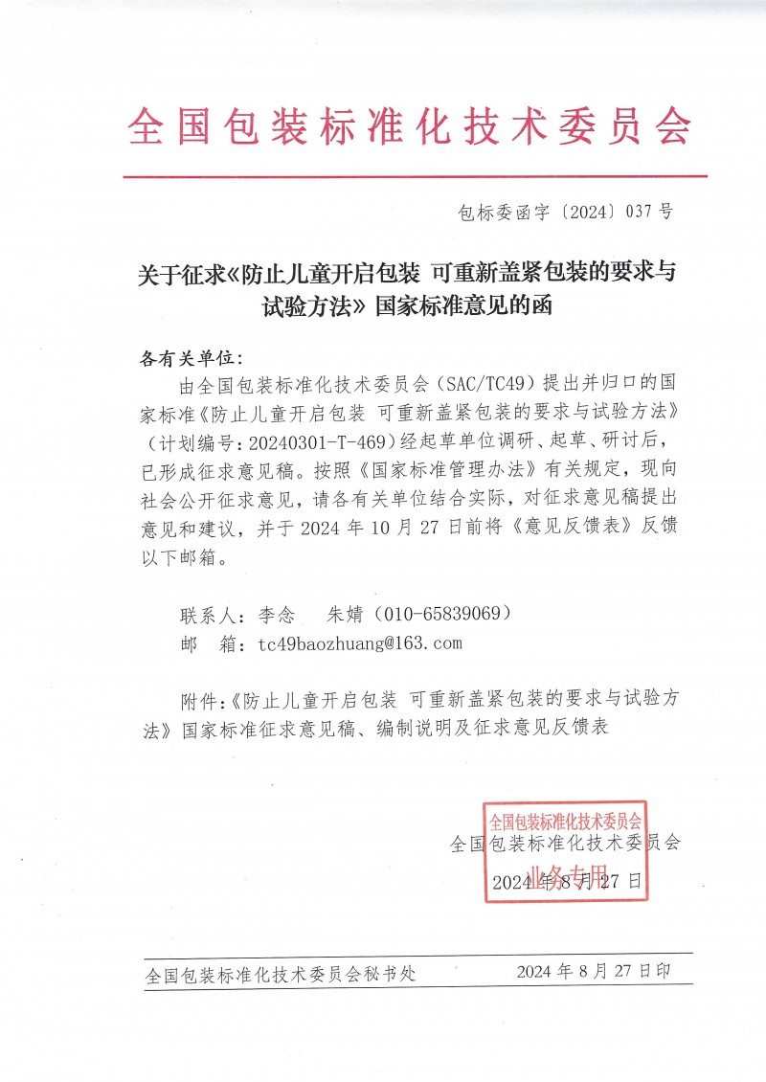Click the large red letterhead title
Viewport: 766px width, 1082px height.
[409, 126]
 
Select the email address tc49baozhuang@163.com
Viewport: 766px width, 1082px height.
[360, 643]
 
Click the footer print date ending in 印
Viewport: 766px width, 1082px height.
[594, 971]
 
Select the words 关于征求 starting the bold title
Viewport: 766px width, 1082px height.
[173, 272]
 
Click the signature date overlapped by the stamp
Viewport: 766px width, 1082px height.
[567, 882]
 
